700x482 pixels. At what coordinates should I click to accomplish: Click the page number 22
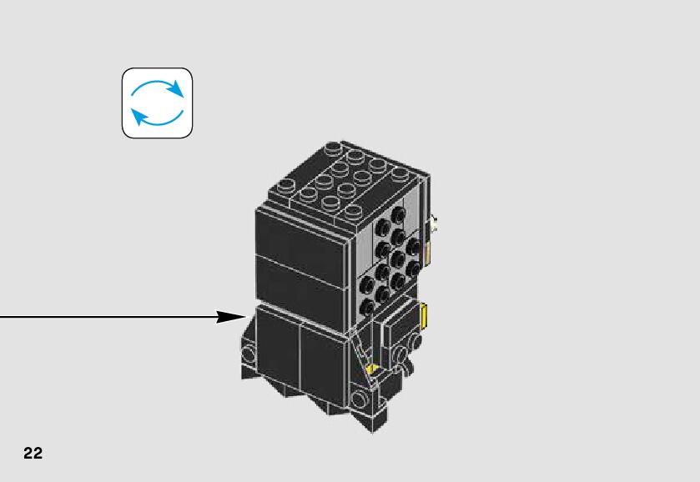tap(33, 454)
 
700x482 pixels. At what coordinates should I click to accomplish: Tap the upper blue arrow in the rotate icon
tap(159, 88)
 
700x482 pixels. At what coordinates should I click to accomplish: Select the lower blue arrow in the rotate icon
tap(156, 118)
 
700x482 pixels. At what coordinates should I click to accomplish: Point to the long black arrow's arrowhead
tap(230, 317)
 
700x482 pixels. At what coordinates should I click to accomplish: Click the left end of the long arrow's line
tap(3, 317)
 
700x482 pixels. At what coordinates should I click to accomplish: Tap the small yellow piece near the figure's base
tap(370, 368)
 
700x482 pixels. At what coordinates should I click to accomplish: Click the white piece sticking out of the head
tap(436, 223)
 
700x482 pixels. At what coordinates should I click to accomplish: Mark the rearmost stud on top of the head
tap(400, 173)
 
